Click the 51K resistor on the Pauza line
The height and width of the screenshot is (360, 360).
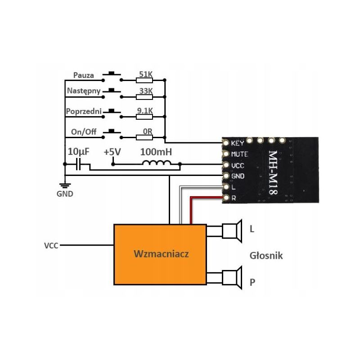144,80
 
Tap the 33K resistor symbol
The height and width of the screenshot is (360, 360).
144,97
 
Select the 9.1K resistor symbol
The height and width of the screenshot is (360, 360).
144,117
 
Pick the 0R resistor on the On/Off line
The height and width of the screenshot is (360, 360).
144,138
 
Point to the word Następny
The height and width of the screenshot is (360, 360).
84,91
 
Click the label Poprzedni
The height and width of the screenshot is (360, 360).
84,111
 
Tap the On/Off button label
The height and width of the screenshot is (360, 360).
84,132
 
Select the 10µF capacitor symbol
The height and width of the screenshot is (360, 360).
78,164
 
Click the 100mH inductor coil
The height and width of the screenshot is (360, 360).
157,162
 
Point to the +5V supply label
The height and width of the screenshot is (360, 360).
112,152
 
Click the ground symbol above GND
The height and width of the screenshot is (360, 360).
65,185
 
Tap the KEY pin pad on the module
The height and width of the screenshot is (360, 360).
226,143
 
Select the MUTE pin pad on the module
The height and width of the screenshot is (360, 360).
226,154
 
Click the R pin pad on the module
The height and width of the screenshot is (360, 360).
226,198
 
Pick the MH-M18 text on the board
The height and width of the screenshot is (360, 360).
273,173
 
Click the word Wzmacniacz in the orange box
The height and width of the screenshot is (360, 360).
161,254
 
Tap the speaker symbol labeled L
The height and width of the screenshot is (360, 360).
232,231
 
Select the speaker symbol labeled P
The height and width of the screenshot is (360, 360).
232,278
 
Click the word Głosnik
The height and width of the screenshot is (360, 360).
266,256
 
